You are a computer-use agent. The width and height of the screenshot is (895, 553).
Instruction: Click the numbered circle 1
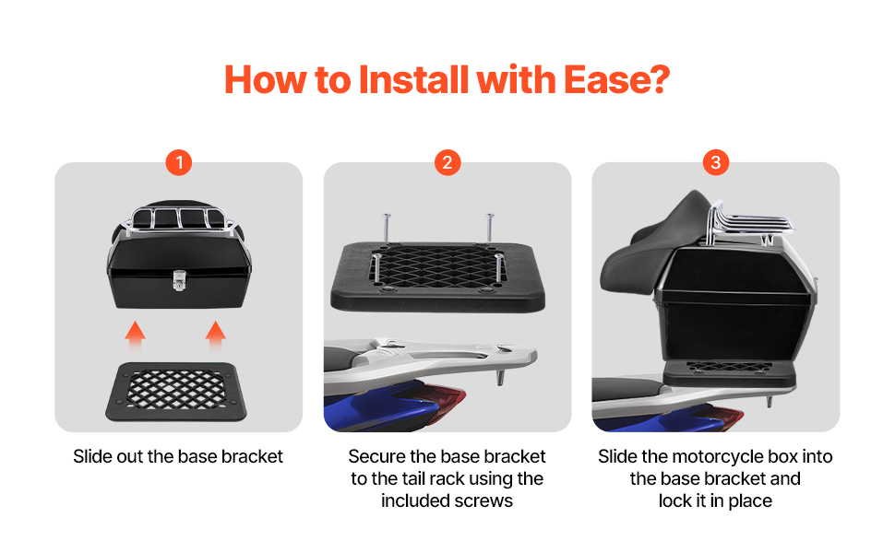coord(179,162)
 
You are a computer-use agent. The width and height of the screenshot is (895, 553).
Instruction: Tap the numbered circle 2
coord(447,162)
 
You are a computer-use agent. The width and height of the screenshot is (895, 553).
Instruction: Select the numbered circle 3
coord(716,162)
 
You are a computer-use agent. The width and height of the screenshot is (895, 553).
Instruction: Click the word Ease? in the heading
coord(616,79)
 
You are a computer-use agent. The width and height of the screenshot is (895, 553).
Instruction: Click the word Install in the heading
coord(414,79)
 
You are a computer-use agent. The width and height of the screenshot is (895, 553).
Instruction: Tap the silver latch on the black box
coord(179,280)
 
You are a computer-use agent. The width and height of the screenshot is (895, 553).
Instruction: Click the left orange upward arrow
coord(136,335)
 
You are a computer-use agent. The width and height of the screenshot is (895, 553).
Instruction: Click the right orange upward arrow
coord(216,335)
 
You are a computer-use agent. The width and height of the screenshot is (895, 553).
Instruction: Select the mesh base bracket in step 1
coord(176,392)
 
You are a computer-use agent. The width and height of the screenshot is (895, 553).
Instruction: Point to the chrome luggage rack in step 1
coord(179,219)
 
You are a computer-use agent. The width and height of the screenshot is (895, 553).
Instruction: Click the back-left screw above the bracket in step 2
coord(387,227)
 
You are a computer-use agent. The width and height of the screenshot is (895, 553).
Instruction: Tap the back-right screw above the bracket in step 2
coord(489,227)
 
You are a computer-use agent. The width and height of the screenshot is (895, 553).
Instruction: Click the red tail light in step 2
coord(447,395)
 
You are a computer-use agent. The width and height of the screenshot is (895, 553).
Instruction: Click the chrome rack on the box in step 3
coord(747,223)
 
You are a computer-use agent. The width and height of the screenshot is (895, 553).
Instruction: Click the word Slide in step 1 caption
coord(93,456)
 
